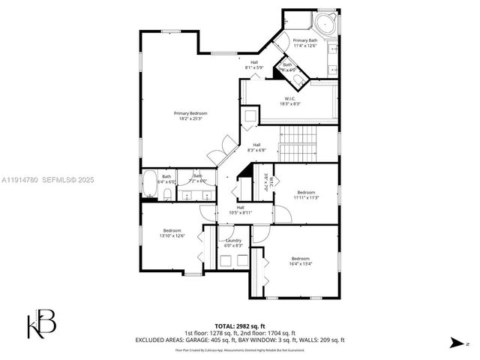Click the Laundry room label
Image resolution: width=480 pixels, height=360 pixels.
(x=233, y=243)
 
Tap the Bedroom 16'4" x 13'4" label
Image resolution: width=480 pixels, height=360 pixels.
(x=300, y=261)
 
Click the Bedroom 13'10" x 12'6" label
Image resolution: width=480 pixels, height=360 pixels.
(x=172, y=233)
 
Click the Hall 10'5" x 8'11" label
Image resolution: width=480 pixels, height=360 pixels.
(x=240, y=210)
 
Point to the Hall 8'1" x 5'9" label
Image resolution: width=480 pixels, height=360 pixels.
(x=255, y=65)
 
